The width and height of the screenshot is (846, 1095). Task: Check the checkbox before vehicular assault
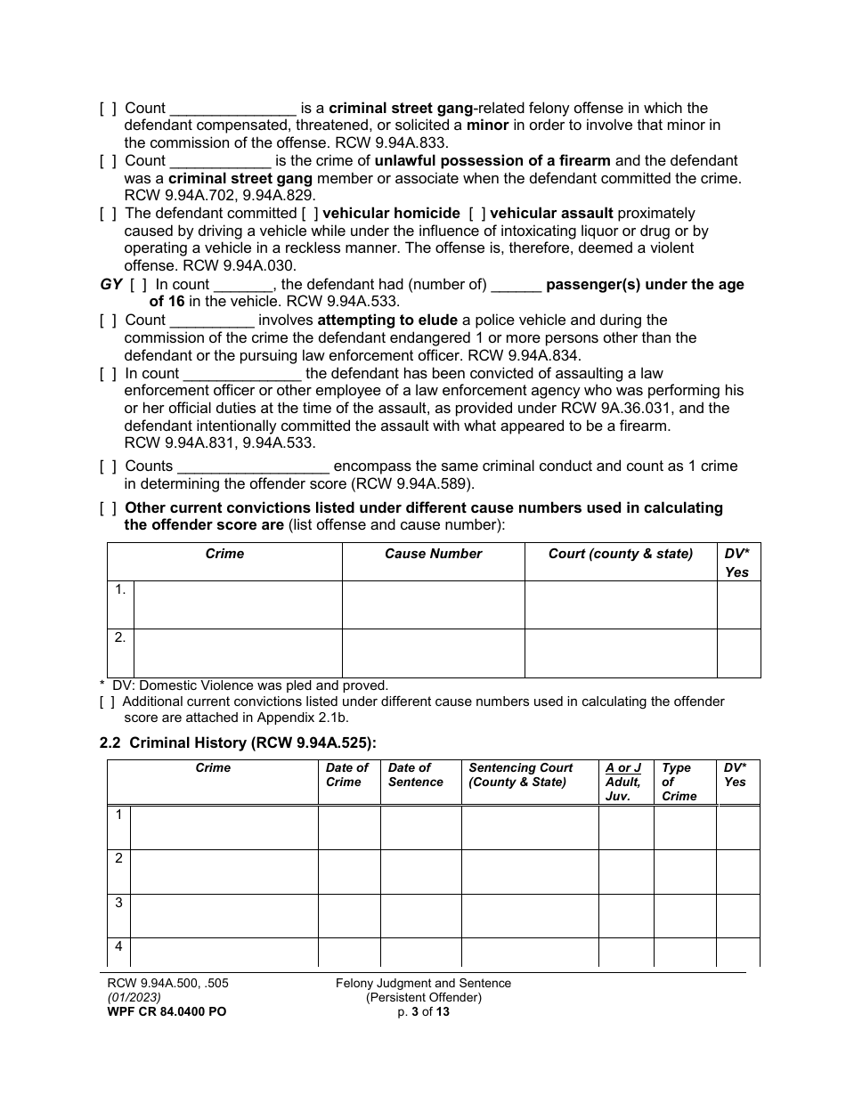pyautogui.click(x=476, y=214)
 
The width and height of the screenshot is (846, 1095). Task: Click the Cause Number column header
pyautogui.click(x=433, y=554)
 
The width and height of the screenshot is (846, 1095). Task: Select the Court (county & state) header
pyautogui.click(x=620, y=554)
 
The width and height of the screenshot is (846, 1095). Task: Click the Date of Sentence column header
pyautogui.click(x=415, y=775)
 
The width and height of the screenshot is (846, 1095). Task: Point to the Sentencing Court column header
pyautogui.click(x=520, y=775)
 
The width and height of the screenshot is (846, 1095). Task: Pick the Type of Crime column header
pyautogui.click(x=677, y=781)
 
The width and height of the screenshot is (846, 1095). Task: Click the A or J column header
pyautogui.click(x=623, y=767)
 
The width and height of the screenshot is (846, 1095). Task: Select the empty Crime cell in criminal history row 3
pyautogui.click(x=224, y=915)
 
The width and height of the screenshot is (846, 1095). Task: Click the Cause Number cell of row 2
pyautogui.click(x=433, y=653)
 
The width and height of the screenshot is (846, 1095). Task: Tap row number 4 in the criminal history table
pyautogui.click(x=118, y=947)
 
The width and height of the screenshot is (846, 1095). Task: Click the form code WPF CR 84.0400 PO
pyautogui.click(x=160, y=1012)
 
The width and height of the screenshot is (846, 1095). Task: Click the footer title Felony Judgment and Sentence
pyautogui.click(x=423, y=984)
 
